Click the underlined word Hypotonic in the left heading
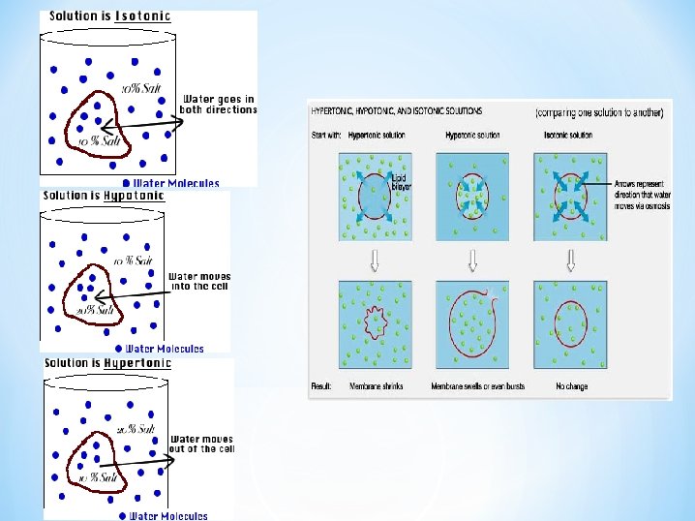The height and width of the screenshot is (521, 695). point(133,196)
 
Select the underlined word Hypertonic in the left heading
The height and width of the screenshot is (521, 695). point(136,364)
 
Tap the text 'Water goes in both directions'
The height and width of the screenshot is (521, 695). point(219,104)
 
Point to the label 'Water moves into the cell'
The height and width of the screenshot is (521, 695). point(199,282)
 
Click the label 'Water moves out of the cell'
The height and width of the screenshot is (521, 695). point(201,444)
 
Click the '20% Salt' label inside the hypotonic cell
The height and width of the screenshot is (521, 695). point(99,310)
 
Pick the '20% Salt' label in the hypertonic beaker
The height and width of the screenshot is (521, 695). point(136,428)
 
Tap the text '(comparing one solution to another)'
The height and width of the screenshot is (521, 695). point(600,113)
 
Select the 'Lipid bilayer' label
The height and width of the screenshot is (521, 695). point(398,181)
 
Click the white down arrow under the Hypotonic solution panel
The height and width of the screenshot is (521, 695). point(473,260)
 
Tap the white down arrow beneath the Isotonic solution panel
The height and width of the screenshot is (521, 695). point(570,260)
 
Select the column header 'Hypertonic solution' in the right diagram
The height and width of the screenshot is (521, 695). point(377,135)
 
